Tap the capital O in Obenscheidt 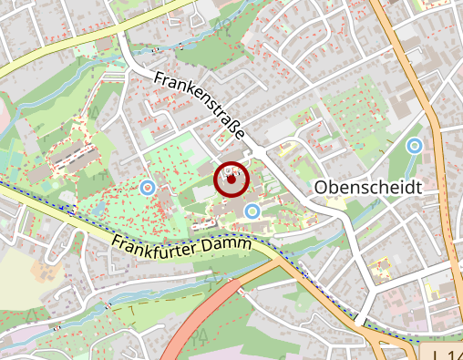click(321, 187)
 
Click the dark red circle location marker click(231, 180)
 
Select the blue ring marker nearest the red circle click(253, 211)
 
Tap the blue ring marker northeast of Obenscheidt click(415, 145)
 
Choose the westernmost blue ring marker click(147, 188)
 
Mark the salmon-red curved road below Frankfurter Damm click(196, 324)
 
